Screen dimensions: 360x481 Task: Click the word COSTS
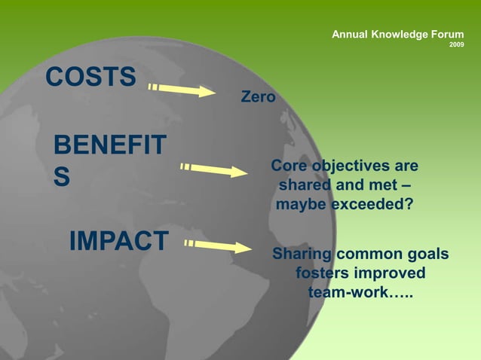(91, 77)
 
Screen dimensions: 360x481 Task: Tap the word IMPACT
(118, 241)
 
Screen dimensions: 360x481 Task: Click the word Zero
(258, 97)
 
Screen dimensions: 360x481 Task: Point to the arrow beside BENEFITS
(214, 169)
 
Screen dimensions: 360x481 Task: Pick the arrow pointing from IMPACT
(218, 246)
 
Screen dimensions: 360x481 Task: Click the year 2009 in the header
(456, 45)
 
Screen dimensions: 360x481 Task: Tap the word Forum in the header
(446, 35)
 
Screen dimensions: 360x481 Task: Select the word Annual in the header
(350, 35)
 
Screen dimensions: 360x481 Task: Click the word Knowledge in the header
(398, 35)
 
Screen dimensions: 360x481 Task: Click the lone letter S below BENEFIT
(62, 176)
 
